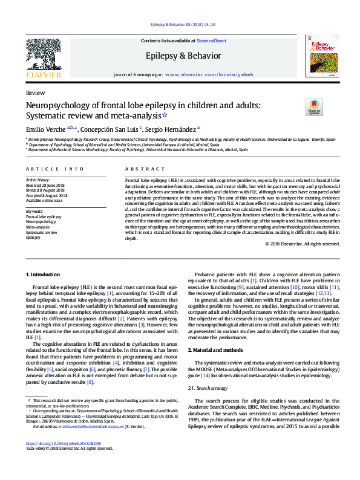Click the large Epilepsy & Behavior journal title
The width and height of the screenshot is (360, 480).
point(180,56)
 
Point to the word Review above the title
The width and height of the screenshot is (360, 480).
point(35,93)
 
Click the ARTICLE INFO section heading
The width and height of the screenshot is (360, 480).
point(55,169)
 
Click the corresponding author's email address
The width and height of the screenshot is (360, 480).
point(94,443)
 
